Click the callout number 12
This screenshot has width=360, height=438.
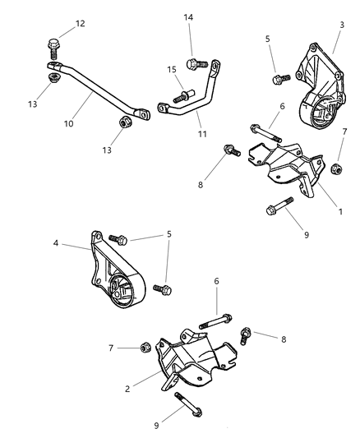[80, 23]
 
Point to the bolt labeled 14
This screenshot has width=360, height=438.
[193, 62]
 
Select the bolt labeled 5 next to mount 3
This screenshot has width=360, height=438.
[275, 78]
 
